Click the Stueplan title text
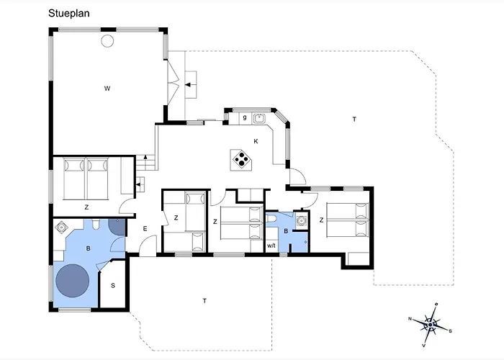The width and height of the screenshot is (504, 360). (69, 14)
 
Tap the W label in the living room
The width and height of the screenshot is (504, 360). (107, 89)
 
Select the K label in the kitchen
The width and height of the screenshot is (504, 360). (256, 141)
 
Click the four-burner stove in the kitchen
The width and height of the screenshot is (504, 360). (241, 159)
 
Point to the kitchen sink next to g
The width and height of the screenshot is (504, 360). (258, 119)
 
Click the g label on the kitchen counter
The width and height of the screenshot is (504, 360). (245, 117)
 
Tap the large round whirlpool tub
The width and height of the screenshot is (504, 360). (72, 281)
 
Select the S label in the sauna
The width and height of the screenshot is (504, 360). (113, 285)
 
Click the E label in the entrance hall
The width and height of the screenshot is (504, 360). (145, 228)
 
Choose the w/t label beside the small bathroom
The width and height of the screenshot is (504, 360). (271, 246)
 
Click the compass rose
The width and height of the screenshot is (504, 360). (430, 325)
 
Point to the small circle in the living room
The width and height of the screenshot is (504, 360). (107, 41)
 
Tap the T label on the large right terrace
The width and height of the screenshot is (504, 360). (354, 120)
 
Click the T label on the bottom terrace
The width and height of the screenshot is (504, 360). (204, 301)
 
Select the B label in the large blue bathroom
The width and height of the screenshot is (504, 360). (88, 248)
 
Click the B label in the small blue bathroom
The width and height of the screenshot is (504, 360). (286, 231)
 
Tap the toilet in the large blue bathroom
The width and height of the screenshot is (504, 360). (96, 225)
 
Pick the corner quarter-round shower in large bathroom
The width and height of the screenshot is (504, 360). (117, 227)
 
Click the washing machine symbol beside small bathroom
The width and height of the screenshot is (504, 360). (301, 221)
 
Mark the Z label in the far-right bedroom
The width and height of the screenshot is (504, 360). (321, 220)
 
